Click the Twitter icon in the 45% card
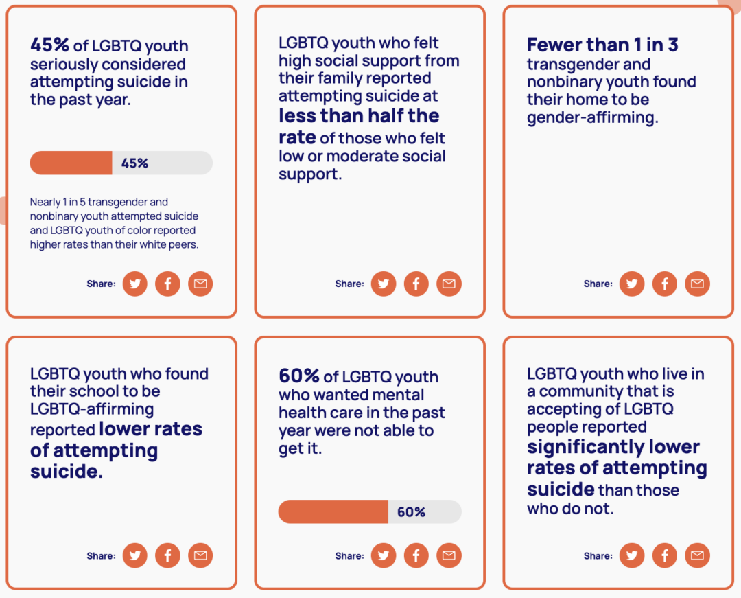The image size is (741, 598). pyautogui.click(x=134, y=284)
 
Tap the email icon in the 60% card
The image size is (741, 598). pyautogui.click(x=449, y=556)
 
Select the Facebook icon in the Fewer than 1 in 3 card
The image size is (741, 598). pyautogui.click(x=664, y=284)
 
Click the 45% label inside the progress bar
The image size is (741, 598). pyautogui.click(x=134, y=163)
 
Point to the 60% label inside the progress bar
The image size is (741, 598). pyautogui.click(x=411, y=512)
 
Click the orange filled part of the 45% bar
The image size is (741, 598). pyautogui.click(x=71, y=163)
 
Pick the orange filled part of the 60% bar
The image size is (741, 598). pyautogui.click(x=333, y=512)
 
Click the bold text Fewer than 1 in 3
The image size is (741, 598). pyautogui.click(x=602, y=45)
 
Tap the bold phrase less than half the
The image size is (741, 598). pyautogui.click(x=359, y=115)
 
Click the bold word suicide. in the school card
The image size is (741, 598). pyautogui.click(x=67, y=472)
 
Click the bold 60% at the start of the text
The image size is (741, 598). pyautogui.click(x=299, y=376)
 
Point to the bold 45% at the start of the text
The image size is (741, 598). pyautogui.click(x=49, y=45)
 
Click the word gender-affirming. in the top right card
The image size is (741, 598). pyautogui.click(x=592, y=117)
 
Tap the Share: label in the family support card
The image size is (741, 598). pyautogui.click(x=349, y=284)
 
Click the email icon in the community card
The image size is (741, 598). pyautogui.click(x=697, y=556)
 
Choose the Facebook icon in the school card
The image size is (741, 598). pyautogui.click(x=167, y=556)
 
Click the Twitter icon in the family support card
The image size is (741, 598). pyautogui.click(x=383, y=284)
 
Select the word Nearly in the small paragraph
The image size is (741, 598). pyautogui.click(x=44, y=202)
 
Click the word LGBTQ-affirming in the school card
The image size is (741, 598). pyautogui.click(x=92, y=409)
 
